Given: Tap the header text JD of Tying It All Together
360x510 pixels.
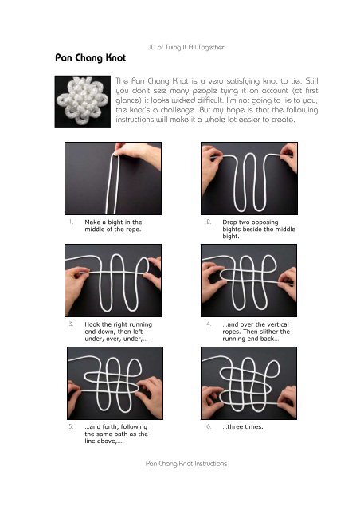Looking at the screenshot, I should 186,49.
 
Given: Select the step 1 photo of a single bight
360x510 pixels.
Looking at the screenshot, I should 114,177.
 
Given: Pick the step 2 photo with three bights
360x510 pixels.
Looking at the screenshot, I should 251,177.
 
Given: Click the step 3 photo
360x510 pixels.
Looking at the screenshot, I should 114,279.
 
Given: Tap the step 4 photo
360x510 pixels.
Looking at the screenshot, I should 251,279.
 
